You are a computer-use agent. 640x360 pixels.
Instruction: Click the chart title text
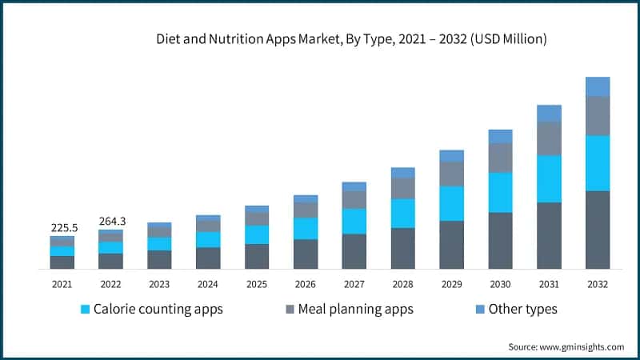[x=352, y=38]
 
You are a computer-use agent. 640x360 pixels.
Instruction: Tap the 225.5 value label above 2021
[x=62, y=227]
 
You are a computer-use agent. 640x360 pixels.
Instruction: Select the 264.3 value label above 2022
[x=111, y=221]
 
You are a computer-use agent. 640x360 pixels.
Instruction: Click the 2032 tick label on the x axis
[x=598, y=284]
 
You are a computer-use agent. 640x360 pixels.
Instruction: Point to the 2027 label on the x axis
[x=354, y=284]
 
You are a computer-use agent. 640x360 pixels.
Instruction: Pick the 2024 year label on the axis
[x=208, y=284]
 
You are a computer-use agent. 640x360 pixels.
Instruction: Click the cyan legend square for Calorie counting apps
[x=84, y=309]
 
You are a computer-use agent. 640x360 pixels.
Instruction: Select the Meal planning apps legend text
[x=356, y=309]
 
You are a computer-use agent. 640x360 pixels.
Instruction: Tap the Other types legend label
[x=522, y=309]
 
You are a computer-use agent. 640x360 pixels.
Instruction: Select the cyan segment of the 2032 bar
[x=598, y=163]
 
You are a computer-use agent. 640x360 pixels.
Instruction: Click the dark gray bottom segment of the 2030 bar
[x=500, y=240]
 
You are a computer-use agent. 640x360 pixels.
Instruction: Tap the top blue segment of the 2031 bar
[x=549, y=113]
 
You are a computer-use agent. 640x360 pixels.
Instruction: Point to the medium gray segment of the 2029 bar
[x=451, y=174]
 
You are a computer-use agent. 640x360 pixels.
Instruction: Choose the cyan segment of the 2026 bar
[x=306, y=228]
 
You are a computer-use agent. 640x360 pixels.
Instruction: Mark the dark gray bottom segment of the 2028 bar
[x=402, y=248]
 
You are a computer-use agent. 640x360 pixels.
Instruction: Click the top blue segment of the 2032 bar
[x=598, y=86]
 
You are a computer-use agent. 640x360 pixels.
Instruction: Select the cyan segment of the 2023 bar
[x=159, y=243]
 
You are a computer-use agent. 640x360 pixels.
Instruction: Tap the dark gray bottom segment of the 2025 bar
[x=257, y=256]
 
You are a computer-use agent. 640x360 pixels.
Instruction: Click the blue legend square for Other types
[x=479, y=309]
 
